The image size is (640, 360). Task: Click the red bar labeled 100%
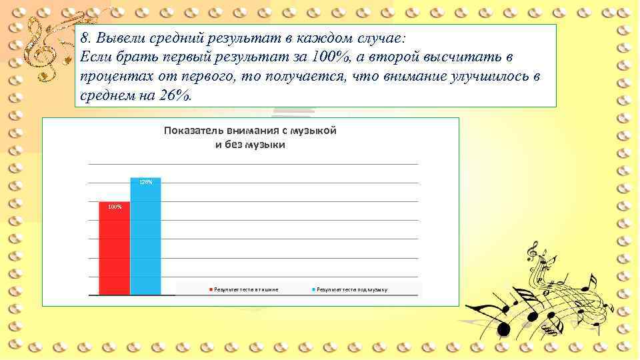(114, 250)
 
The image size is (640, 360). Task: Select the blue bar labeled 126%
(145, 240)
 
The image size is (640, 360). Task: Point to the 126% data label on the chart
(145, 182)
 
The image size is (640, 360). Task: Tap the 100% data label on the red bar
(115, 207)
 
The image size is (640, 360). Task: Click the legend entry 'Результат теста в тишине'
(244, 289)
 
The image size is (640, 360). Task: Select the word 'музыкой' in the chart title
(313, 131)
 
